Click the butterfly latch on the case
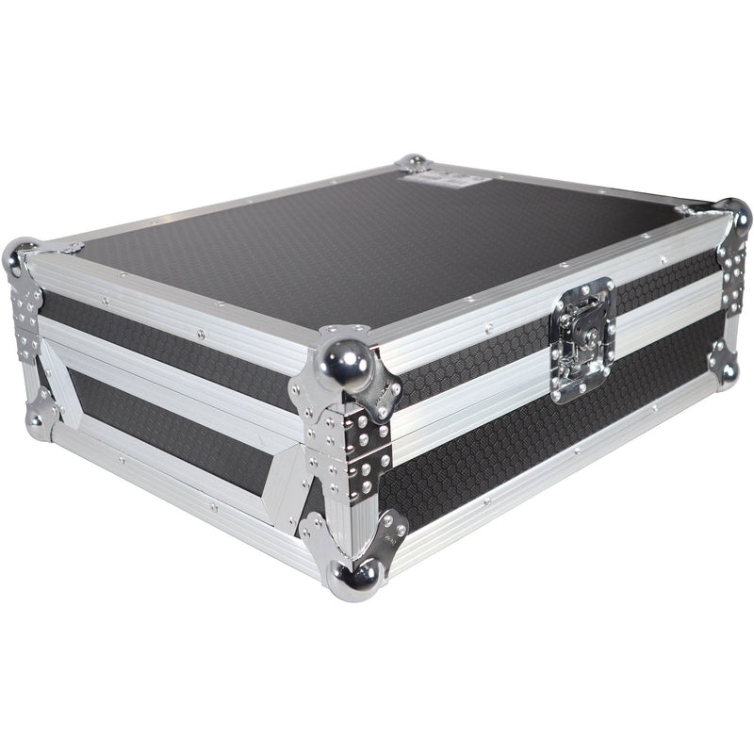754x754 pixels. click(582, 340)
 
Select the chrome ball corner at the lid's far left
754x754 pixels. click(20, 256)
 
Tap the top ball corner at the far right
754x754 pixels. click(736, 217)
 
